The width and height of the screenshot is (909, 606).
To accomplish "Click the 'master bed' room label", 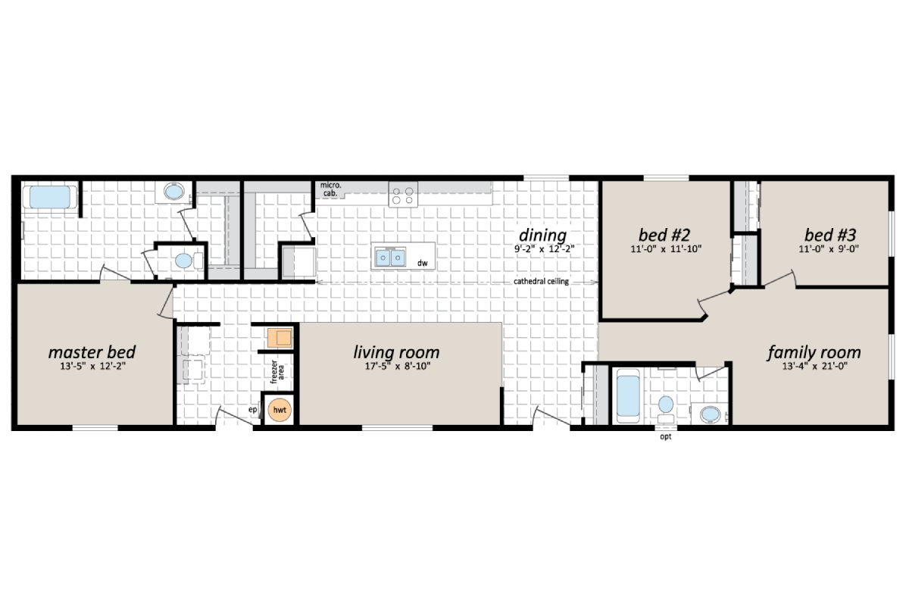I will [92, 352].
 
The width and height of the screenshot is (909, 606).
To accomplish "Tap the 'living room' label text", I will [396, 352].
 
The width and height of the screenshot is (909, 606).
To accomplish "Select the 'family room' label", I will [814, 352].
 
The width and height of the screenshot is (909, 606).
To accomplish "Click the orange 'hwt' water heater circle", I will [280, 410].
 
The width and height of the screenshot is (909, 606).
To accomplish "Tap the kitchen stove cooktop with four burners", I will [403, 195].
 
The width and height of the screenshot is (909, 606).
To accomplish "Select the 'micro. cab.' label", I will [330, 189].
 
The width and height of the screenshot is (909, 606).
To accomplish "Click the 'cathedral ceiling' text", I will [542, 281].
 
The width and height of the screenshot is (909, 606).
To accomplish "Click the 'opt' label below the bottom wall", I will [666, 437].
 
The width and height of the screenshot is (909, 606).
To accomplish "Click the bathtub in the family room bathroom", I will [629, 395].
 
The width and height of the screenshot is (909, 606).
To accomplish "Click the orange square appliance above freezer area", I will [278, 337].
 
